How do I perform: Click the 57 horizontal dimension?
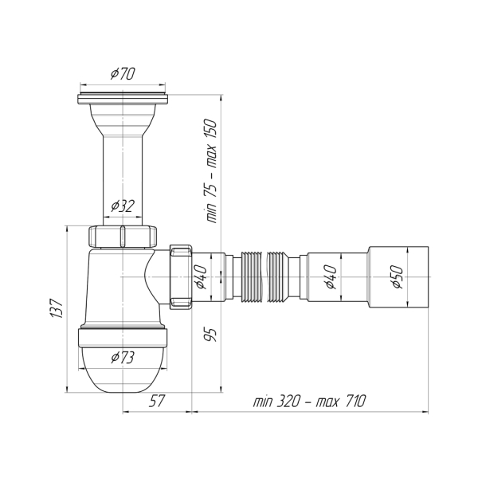tap(156, 401)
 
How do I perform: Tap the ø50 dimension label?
tap(396, 279)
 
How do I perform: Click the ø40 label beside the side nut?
tap(201, 278)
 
